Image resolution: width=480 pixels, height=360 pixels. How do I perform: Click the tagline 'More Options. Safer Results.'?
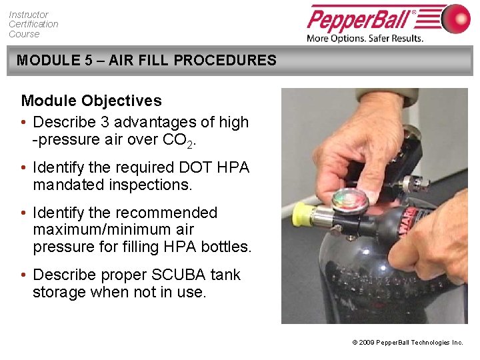click(x=365, y=38)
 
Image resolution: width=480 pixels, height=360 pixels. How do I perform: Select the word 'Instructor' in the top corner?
click(x=29, y=14)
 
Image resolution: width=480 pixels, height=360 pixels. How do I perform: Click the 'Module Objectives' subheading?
click(x=91, y=101)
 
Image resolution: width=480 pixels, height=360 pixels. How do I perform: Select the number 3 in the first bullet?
click(x=118, y=122)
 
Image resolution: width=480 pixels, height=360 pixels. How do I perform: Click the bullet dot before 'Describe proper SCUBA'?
click(x=24, y=275)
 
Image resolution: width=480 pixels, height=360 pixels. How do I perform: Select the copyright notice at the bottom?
click(x=407, y=342)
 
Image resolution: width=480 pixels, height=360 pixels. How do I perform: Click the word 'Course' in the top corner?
click(x=24, y=34)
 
